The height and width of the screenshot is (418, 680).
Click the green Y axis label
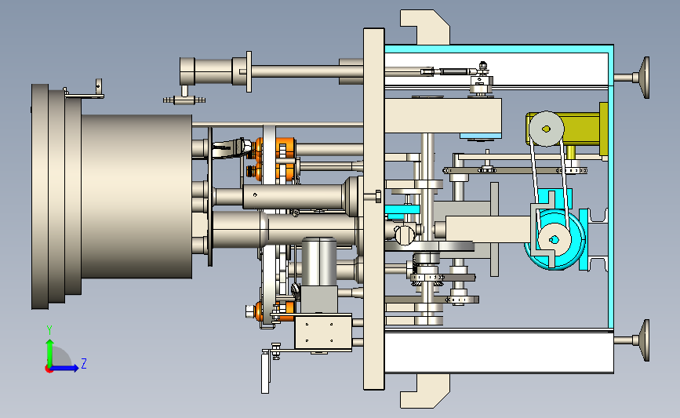[x=49, y=330]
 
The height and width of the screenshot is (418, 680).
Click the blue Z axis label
[x=84, y=363]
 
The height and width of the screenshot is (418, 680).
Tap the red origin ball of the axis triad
[x=49, y=369]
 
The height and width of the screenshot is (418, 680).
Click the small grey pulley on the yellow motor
[x=547, y=129]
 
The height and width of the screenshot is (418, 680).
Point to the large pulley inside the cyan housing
[x=555, y=239]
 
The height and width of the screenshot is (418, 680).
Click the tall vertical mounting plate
[x=374, y=209]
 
